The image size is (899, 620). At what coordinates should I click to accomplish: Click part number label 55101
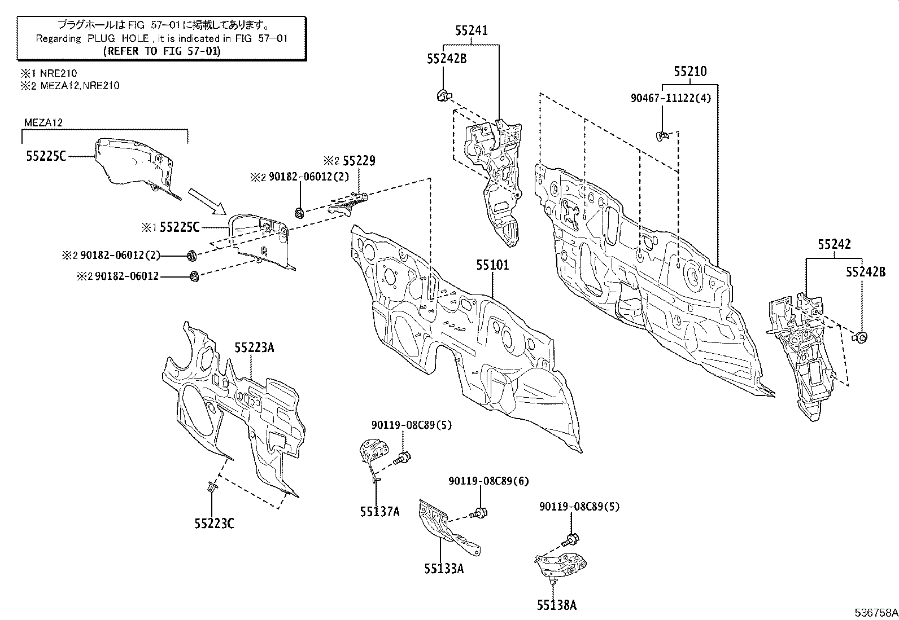pos(492,265)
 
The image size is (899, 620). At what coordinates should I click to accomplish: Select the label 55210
pos(689,72)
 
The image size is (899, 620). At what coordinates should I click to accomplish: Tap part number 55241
pos(472,30)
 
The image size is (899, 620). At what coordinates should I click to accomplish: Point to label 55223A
pos(254,348)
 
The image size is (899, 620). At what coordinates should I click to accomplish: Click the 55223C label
pos(214,524)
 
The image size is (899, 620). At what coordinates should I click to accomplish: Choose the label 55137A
pos(379,512)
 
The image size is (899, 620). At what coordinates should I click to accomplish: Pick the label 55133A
pos(444,569)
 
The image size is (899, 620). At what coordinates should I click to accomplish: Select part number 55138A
pos(557,605)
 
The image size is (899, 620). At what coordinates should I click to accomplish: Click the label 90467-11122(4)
pos(670,98)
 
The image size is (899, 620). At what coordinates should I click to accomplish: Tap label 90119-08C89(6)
pos(489,481)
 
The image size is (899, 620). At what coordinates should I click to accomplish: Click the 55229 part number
pos(359,161)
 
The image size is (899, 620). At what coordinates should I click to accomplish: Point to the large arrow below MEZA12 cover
pos(207,203)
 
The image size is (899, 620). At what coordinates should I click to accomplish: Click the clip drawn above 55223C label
pos(212,487)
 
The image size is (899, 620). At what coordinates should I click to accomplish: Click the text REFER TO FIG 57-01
pos(162,51)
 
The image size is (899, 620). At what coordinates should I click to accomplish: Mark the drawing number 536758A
pos(875,612)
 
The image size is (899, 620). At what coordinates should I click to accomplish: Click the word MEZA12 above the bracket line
pos(43,122)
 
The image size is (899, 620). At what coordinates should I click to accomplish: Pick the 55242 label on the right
pos(834,244)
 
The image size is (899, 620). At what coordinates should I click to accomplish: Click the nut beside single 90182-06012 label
pos(194,276)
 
